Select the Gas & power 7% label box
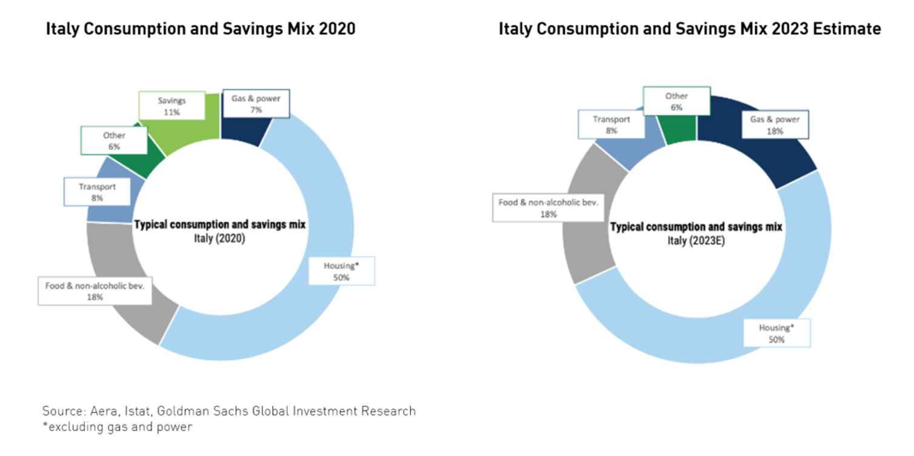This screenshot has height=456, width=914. click(256, 104)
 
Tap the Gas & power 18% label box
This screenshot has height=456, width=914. click(775, 125)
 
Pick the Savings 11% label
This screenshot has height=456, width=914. click(172, 106)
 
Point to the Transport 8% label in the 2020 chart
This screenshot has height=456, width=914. click(97, 192)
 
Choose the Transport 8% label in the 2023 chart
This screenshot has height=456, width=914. click(611, 124)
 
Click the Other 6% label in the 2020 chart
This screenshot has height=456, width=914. click(114, 141)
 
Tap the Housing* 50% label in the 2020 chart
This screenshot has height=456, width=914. click(341, 271)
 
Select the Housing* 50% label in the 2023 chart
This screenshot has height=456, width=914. click(776, 334)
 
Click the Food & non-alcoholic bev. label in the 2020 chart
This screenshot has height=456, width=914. click(95, 290)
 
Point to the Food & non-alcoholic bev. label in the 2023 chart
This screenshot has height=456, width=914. click(548, 207)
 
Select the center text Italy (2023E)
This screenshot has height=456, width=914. click(695, 241)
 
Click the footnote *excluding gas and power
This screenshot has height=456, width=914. click(117, 427)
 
